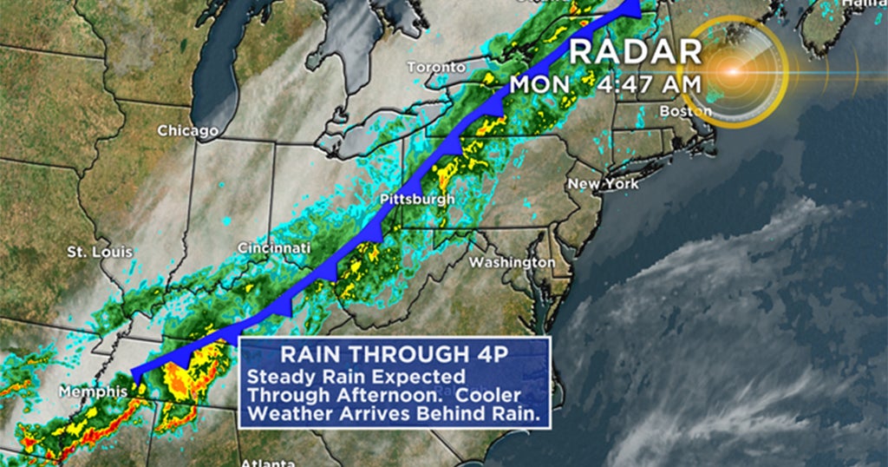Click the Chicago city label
pyautogui.click(x=187, y=131)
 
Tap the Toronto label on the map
pyautogui.click(x=437, y=68)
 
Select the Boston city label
pyautogui.click(x=685, y=111)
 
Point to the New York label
pyautogui.click(x=603, y=184)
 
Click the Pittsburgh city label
pyautogui.click(x=417, y=201)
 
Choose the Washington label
pyautogui.click(x=512, y=262)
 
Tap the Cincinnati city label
pyautogui.click(x=274, y=249)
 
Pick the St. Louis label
pyautogui.click(x=100, y=253)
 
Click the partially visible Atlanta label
pyautogui.click(x=267, y=462)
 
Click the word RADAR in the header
pyautogui.click(x=635, y=51)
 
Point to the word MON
pyautogui.click(x=539, y=85)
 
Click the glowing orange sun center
pyautogui.click(x=734, y=72)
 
